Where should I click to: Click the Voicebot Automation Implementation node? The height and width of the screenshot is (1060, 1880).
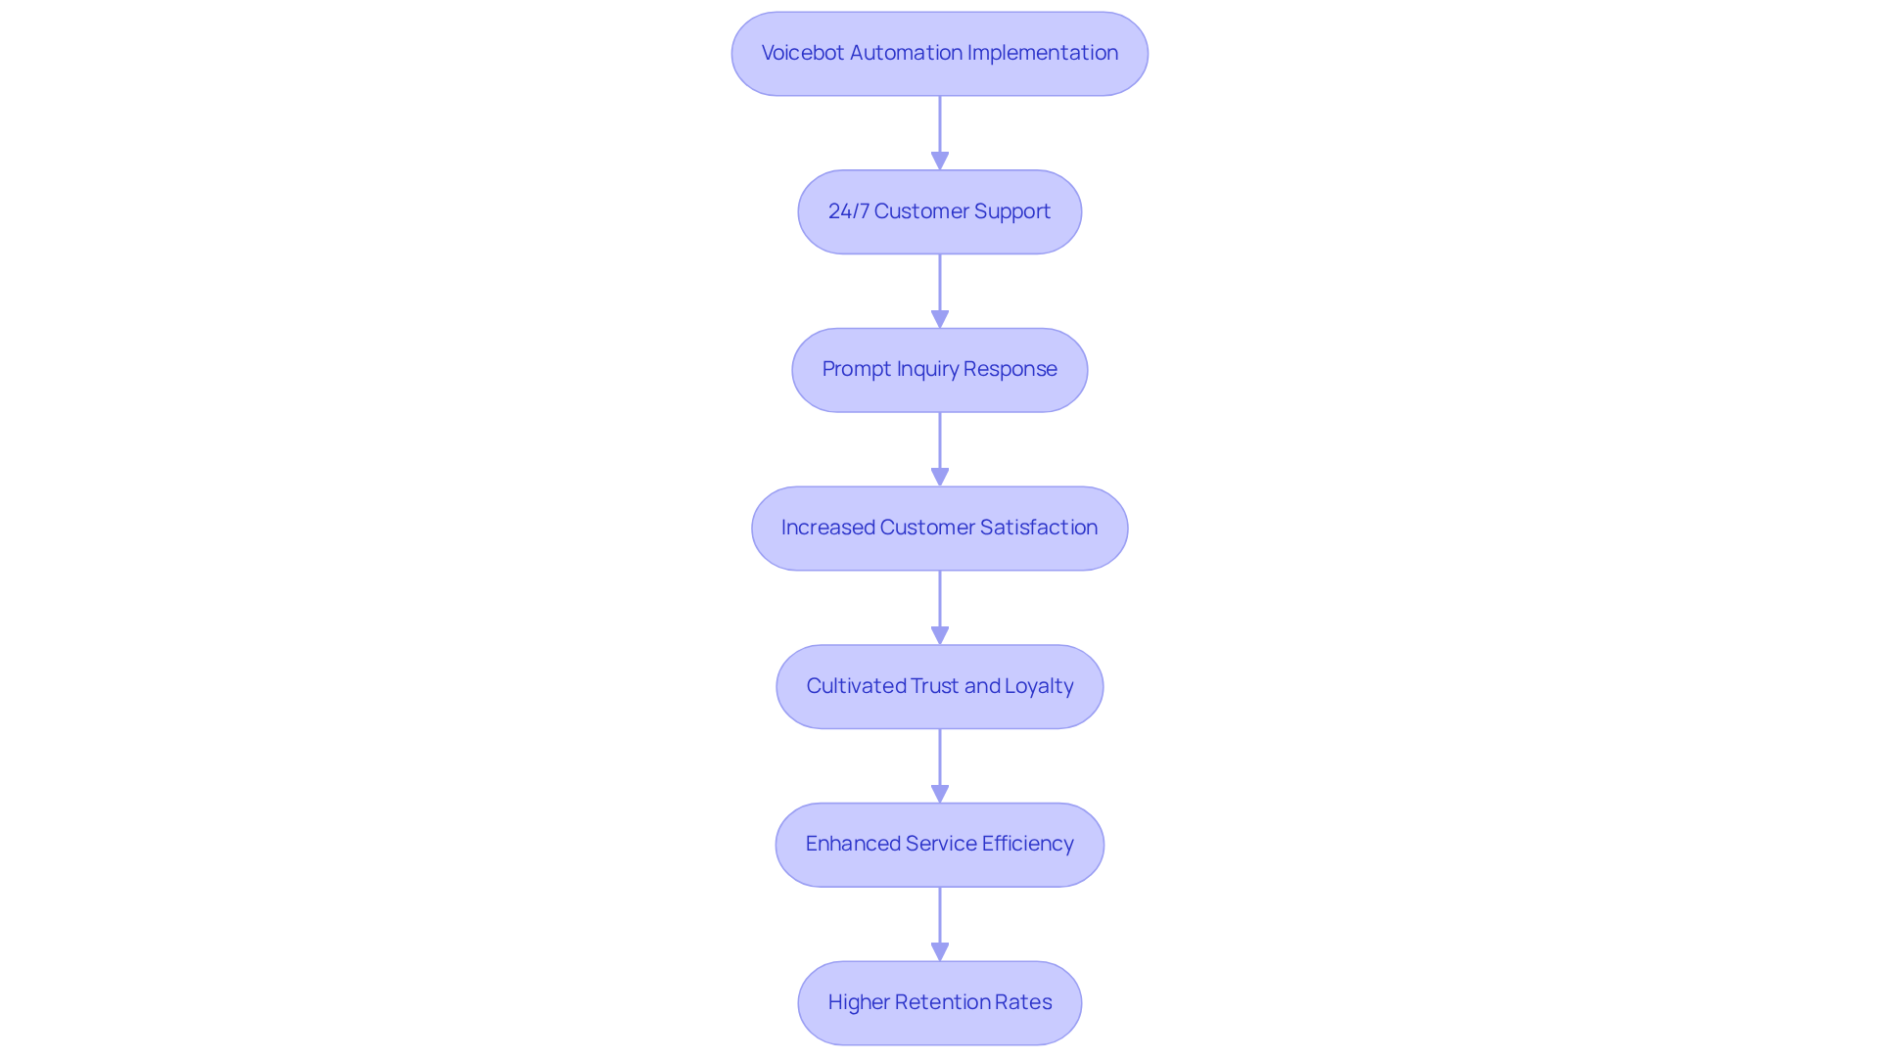tap(939, 54)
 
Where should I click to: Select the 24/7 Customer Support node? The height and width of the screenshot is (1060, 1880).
tap(939, 212)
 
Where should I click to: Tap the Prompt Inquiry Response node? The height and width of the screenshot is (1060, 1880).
tap(939, 370)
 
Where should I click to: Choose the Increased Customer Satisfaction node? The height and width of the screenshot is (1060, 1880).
tap(939, 529)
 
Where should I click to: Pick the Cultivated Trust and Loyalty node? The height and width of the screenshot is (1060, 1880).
tap(939, 687)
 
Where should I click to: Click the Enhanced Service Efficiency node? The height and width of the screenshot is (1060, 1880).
tap(939, 845)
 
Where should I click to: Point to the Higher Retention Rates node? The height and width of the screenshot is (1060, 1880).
tap(939, 1003)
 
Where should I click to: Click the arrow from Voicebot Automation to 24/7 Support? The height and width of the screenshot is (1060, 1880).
tap(940, 132)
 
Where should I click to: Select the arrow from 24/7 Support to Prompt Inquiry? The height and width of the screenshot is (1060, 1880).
tap(940, 291)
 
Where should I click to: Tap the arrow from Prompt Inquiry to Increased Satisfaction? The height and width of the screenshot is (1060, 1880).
tap(940, 448)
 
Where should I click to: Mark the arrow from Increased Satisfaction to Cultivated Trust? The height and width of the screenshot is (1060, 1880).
tap(940, 607)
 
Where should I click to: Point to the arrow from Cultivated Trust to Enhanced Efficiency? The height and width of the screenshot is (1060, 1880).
tap(940, 765)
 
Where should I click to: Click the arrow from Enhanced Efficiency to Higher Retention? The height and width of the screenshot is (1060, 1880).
tap(940, 923)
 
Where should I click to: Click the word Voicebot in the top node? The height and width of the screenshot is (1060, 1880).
tap(803, 53)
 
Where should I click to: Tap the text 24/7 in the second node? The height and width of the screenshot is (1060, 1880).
tap(848, 211)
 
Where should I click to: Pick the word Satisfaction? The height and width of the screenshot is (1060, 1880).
tap(1038, 528)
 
